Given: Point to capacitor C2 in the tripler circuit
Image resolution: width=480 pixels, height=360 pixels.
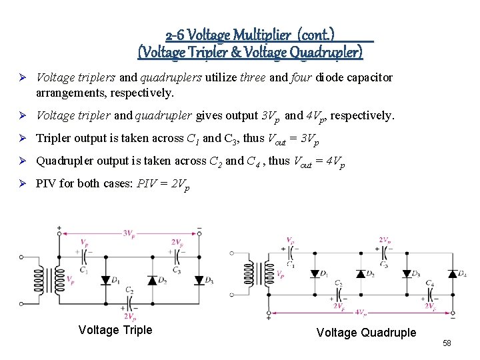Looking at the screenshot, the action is [128, 301].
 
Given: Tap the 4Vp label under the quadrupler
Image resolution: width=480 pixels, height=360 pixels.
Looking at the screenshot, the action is [361, 311].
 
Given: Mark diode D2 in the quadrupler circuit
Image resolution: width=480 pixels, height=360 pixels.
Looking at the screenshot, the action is [361, 273].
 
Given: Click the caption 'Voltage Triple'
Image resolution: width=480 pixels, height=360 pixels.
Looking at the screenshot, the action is [115, 330].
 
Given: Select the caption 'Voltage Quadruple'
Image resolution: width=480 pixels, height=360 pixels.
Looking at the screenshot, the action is [366, 333].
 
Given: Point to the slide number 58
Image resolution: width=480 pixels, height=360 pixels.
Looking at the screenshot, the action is [447, 343].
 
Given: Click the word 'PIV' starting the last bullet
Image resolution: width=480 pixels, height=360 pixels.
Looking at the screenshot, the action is [47, 184].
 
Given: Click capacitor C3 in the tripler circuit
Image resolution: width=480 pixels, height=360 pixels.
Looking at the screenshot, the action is [175, 259].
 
